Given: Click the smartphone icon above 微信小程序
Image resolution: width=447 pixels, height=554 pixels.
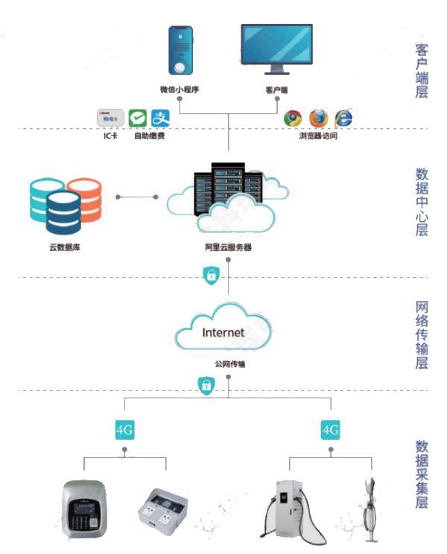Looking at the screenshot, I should point(180,51).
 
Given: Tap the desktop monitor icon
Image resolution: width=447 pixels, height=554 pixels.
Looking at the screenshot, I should point(276,48).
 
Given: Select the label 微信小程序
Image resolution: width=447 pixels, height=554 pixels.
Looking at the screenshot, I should point(180,90).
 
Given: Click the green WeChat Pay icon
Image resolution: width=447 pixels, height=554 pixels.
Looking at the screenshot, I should point(137,118).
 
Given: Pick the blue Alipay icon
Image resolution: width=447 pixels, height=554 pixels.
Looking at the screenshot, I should point(161,118).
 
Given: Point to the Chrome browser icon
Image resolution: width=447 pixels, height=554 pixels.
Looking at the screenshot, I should point(293,118).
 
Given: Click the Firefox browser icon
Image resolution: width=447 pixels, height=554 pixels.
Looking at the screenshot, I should point(318,118).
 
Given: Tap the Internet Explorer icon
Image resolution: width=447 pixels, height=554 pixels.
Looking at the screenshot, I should point(343,118).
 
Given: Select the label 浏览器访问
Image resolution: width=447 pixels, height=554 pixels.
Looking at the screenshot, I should point(318,136).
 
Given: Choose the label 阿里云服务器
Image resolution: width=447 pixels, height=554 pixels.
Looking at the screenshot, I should point(227,246).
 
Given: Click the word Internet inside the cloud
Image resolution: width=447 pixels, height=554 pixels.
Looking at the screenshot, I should point(223,332).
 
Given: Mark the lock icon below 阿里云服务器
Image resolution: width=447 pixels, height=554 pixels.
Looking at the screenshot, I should point(212,276).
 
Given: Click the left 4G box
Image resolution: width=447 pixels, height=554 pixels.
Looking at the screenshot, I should point(124,430).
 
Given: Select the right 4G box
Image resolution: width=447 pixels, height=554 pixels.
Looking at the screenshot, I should point(330,430).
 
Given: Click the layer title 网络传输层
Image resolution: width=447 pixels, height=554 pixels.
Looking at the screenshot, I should point(422,336).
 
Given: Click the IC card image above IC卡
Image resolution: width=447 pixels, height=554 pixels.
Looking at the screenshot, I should point(110,118).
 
